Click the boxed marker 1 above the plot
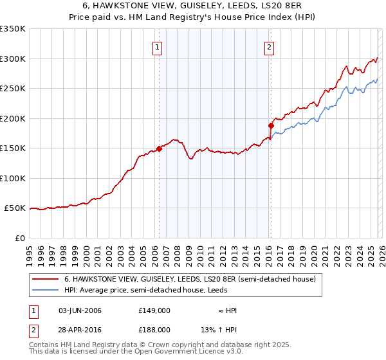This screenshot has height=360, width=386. pyautogui.click(x=158, y=46)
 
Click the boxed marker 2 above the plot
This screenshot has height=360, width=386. pyautogui.click(x=268, y=46)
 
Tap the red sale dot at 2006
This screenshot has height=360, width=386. pyautogui.click(x=159, y=149)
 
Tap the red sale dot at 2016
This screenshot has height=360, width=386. pyautogui.click(x=271, y=126)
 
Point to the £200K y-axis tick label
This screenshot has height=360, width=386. pyautogui.click(x=13, y=118)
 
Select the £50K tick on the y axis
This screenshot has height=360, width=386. pyautogui.click(x=15, y=208)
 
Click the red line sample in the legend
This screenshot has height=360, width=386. pyautogui.click(x=46, y=280)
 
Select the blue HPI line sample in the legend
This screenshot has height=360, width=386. pyautogui.click(x=46, y=291)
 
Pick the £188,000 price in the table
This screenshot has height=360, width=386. pyautogui.click(x=154, y=329)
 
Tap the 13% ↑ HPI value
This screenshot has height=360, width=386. pyautogui.click(x=219, y=329)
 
